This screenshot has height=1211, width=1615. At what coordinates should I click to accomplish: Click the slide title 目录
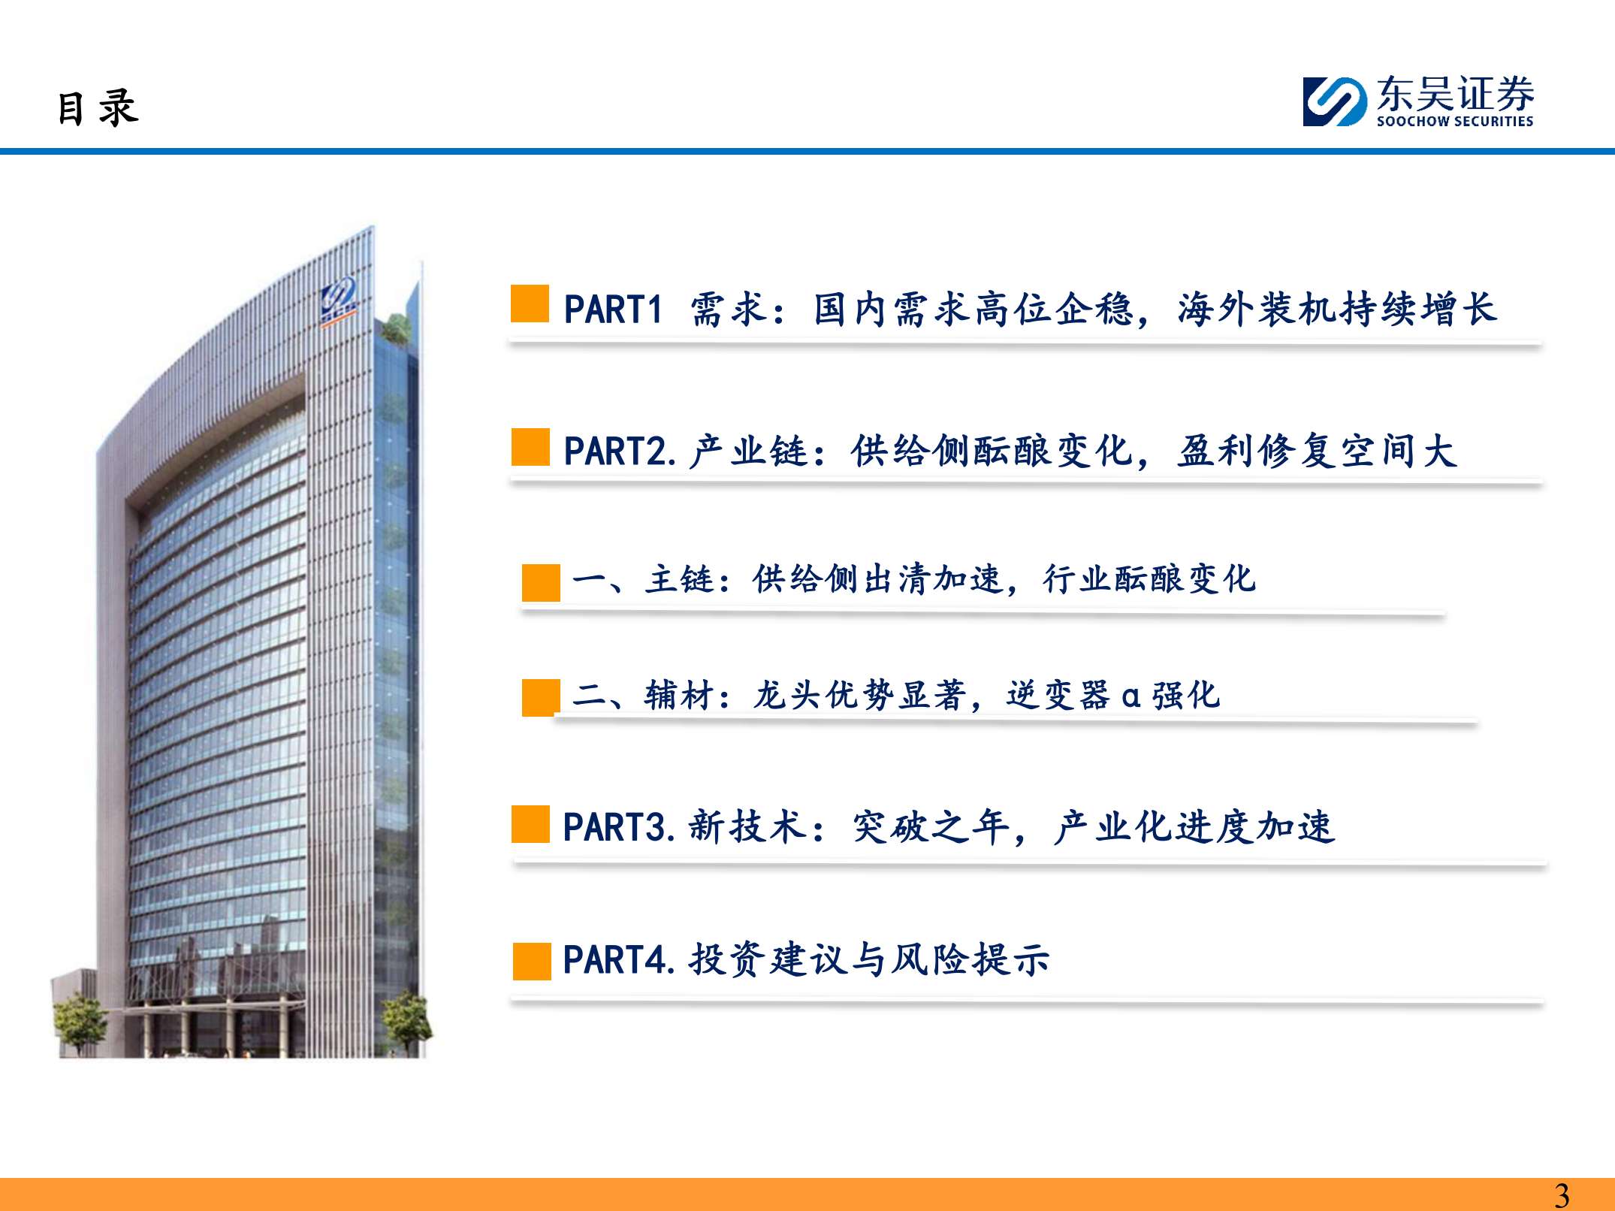[98, 107]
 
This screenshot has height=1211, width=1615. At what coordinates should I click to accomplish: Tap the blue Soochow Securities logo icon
[1334, 101]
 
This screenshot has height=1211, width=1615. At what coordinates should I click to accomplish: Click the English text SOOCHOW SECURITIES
[1454, 121]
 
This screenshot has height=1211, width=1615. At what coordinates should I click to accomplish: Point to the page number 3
[1562, 1194]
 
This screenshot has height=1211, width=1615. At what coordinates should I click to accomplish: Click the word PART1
[613, 310]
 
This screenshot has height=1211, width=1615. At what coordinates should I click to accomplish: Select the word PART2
[616, 451]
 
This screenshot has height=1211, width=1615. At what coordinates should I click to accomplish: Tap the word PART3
[616, 827]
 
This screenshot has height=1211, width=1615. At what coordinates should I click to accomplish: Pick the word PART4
[616, 960]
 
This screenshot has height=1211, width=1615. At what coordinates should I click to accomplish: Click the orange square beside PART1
[530, 304]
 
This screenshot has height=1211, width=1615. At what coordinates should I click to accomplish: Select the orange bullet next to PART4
[532, 962]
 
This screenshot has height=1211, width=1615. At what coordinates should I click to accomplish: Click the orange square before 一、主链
[541, 583]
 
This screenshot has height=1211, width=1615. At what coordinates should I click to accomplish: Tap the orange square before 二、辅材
[541, 698]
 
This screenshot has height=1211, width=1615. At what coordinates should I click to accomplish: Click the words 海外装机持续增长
[1337, 310]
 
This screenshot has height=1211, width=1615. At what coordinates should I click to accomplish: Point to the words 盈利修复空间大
[1317, 451]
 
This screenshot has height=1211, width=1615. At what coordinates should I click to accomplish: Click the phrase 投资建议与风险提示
[869, 960]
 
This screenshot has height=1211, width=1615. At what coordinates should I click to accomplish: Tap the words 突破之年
[931, 827]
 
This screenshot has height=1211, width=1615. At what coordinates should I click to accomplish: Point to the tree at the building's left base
[79, 1022]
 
